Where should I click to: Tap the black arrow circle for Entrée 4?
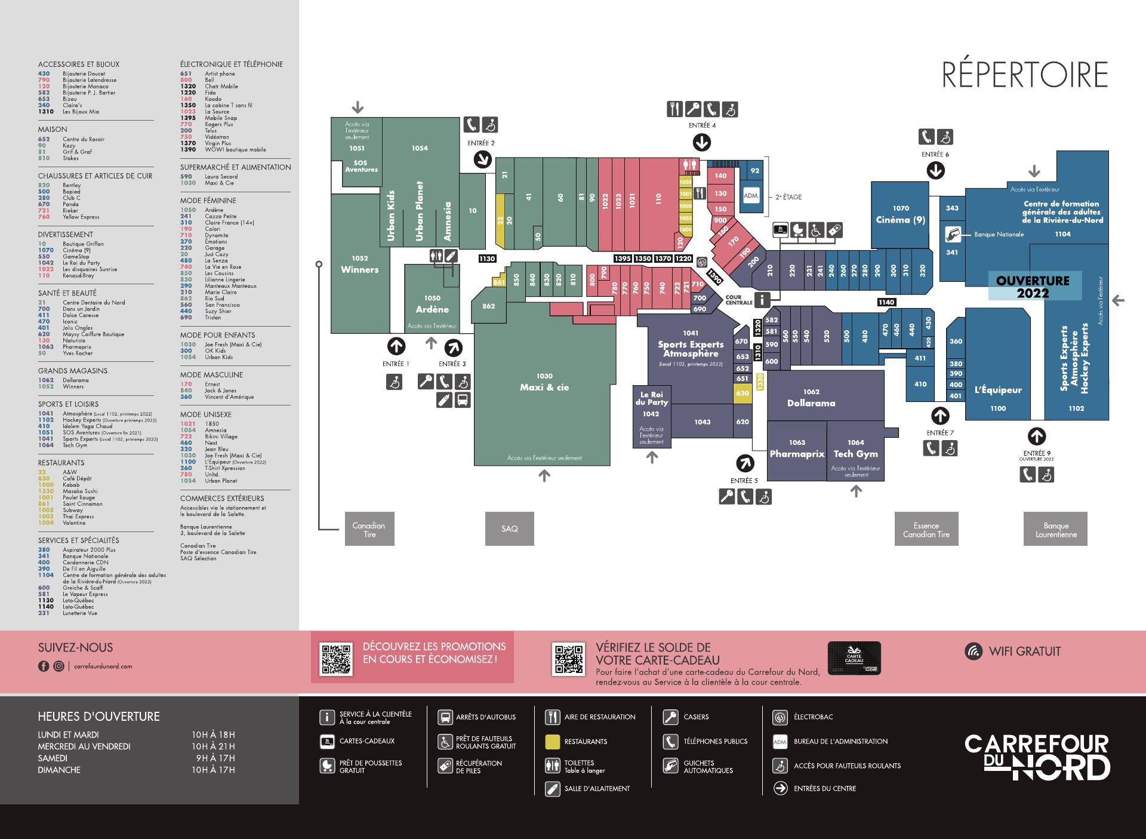click(701, 143)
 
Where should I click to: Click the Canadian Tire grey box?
click(369, 529)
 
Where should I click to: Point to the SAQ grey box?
click(509, 529)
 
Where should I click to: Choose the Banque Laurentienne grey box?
click(1055, 529)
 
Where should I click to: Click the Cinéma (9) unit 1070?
click(901, 214)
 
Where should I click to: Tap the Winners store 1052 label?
click(359, 265)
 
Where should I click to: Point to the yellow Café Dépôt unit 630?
click(743, 394)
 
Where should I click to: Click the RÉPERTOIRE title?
click(1024, 75)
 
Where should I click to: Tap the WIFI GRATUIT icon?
click(974, 651)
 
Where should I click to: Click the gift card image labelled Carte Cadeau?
click(854, 658)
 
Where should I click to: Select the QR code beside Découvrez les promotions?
click(337, 659)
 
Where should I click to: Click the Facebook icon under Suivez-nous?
click(44, 666)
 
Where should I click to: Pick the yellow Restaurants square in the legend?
click(552, 742)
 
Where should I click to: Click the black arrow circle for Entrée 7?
click(940, 416)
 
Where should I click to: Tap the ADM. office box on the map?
click(751, 195)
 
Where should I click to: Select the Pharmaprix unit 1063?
click(797, 450)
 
